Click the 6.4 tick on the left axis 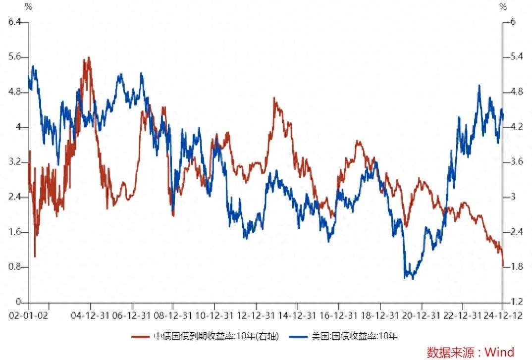tap(14, 22)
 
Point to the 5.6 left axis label tap(14, 56)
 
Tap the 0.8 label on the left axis tap(14, 267)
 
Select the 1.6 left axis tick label tap(14, 232)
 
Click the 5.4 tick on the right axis tap(517, 56)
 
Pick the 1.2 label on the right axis tap(517, 302)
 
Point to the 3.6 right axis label tap(517, 161)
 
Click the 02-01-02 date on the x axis tap(29, 315)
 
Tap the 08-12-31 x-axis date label tap(173, 315)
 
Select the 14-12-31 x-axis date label tap(297, 315)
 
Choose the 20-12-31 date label tap(421, 315)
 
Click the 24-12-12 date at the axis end tap(503, 315)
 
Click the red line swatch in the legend tap(141, 337)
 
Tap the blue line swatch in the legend tap(298, 337)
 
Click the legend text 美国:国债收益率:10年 tap(354, 336)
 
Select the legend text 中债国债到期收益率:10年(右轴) tap(216, 336)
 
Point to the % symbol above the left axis tap(29, 6)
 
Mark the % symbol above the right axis tap(503, 6)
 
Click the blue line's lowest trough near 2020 tap(413, 279)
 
